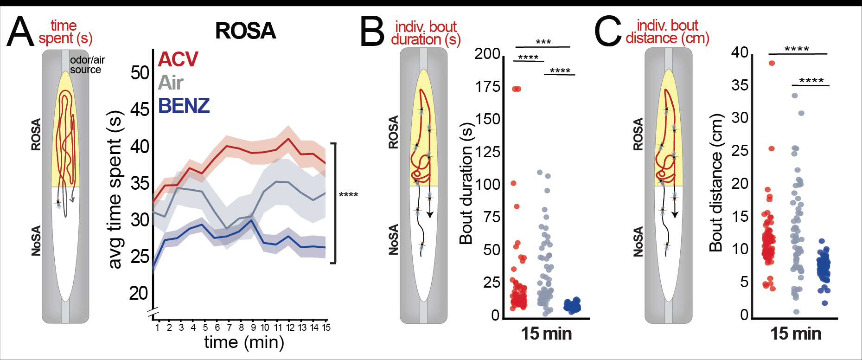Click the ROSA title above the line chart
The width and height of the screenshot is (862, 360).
click(x=245, y=31)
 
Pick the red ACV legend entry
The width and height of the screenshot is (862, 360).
click(x=178, y=59)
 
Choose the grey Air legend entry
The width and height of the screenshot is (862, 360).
click(x=171, y=83)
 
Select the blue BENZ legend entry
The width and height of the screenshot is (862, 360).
click(x=184, y=106)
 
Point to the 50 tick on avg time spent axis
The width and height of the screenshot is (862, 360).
click(x=140, y=73)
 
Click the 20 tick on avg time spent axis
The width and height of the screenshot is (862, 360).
click(x=139, y=293)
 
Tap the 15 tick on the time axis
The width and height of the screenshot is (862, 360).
click(x=326, y=328)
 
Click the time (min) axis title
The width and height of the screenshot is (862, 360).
click(x=244, y=342)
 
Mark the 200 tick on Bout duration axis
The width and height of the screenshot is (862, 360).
click(x=487, y=54)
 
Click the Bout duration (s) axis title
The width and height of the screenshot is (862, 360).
click(x=466, y=184)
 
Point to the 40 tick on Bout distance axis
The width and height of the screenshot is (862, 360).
click(x=740, y=52)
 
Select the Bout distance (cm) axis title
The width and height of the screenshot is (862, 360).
click(x=716, y=183)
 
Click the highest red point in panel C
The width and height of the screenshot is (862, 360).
click(x=772, y=63)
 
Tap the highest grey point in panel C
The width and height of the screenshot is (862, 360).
click(x=794, y=96)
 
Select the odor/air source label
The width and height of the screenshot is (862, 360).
click(x=87, y=65)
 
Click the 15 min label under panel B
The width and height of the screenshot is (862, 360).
click(x=546, y=334)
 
